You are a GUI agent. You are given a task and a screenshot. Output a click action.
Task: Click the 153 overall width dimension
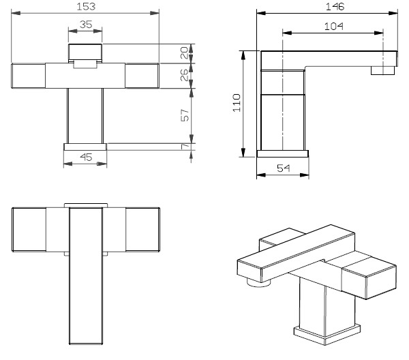pos(86,6)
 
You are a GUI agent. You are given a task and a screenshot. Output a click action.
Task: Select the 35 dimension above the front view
pos(86,25)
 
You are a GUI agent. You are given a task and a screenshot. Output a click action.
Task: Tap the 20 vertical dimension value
pos(185,52)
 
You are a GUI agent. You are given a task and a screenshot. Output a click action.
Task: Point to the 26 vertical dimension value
pos(185,75)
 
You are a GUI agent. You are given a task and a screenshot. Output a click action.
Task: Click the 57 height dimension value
pos(185,115)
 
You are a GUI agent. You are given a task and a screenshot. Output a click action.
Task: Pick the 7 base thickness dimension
pos(185,147)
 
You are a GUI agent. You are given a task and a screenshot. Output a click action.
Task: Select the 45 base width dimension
pos(86,157)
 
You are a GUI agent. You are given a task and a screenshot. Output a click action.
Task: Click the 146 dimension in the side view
pos(335,6)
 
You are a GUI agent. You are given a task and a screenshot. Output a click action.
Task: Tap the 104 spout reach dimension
pos(334,27)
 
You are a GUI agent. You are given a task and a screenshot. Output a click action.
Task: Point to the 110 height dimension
pos(237,103)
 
